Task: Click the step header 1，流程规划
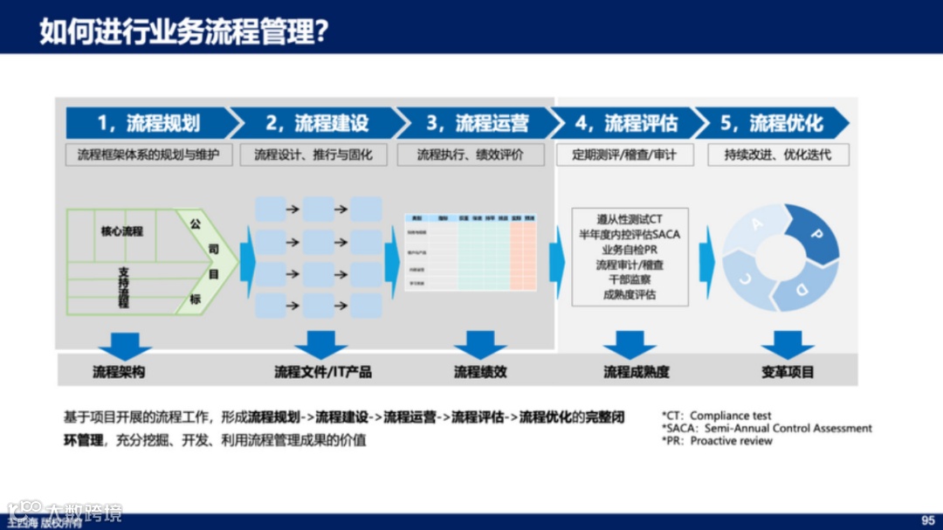click(x=148, y=123)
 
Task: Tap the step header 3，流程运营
click(x=477, y=123)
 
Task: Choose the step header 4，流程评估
click(x=626, y=123)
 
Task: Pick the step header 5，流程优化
click(x=772, y=123)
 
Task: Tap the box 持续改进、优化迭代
click(x=777, y=155)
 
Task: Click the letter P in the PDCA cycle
click(x=817, y=235)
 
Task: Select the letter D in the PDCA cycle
click(x=802, y=287)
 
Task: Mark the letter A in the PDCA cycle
click(x=756, y=224)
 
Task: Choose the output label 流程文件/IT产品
click(x=322, y=372)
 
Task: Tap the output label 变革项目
click(x=787, y=372)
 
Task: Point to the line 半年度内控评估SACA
click(x=630, y=234)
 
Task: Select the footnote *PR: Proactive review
click(x=717, y=441)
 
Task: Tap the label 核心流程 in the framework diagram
click(x=121, y=231)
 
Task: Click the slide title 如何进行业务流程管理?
click(x=183, y=31)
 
